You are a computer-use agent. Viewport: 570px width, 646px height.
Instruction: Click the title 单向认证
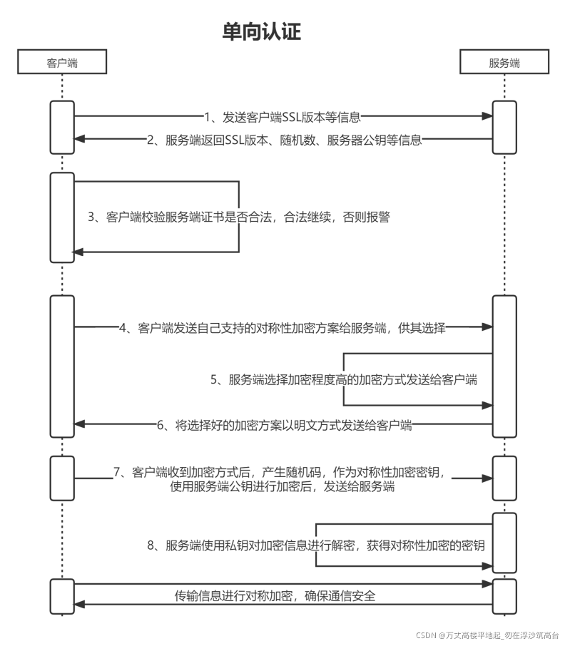[x=262, y=32]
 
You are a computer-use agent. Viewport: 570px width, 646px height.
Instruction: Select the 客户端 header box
[x=62, y=63]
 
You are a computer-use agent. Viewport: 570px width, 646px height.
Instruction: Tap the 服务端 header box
[x=504, y=63]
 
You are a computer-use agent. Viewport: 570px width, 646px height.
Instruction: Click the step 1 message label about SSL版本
[x=283, y=116]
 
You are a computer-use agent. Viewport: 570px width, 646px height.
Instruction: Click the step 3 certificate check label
[x=239, y=217]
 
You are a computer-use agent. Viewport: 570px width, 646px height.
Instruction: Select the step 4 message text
[x=283, y=328]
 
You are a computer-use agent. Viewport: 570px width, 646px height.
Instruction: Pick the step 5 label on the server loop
[x=344, y=380]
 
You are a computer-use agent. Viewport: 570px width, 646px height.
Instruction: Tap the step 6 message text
[x=285, y=426]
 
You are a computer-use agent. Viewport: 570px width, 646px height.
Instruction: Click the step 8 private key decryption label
[x=316, y=546]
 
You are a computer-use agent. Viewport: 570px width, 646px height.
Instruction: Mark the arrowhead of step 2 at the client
[x=80, y=140]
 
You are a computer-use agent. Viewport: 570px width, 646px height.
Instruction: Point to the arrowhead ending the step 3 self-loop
[x=80, y=252]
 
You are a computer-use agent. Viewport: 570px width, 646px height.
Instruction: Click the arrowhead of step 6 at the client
[x=80, y=424]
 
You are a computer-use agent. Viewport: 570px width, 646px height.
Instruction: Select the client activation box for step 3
[x=62, y=217]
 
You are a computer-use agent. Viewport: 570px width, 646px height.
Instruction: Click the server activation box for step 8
[x=504, y=543]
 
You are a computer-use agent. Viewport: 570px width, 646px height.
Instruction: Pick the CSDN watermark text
[x=487, y=635]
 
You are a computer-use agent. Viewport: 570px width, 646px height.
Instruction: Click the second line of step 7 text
[x=283, y=488]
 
